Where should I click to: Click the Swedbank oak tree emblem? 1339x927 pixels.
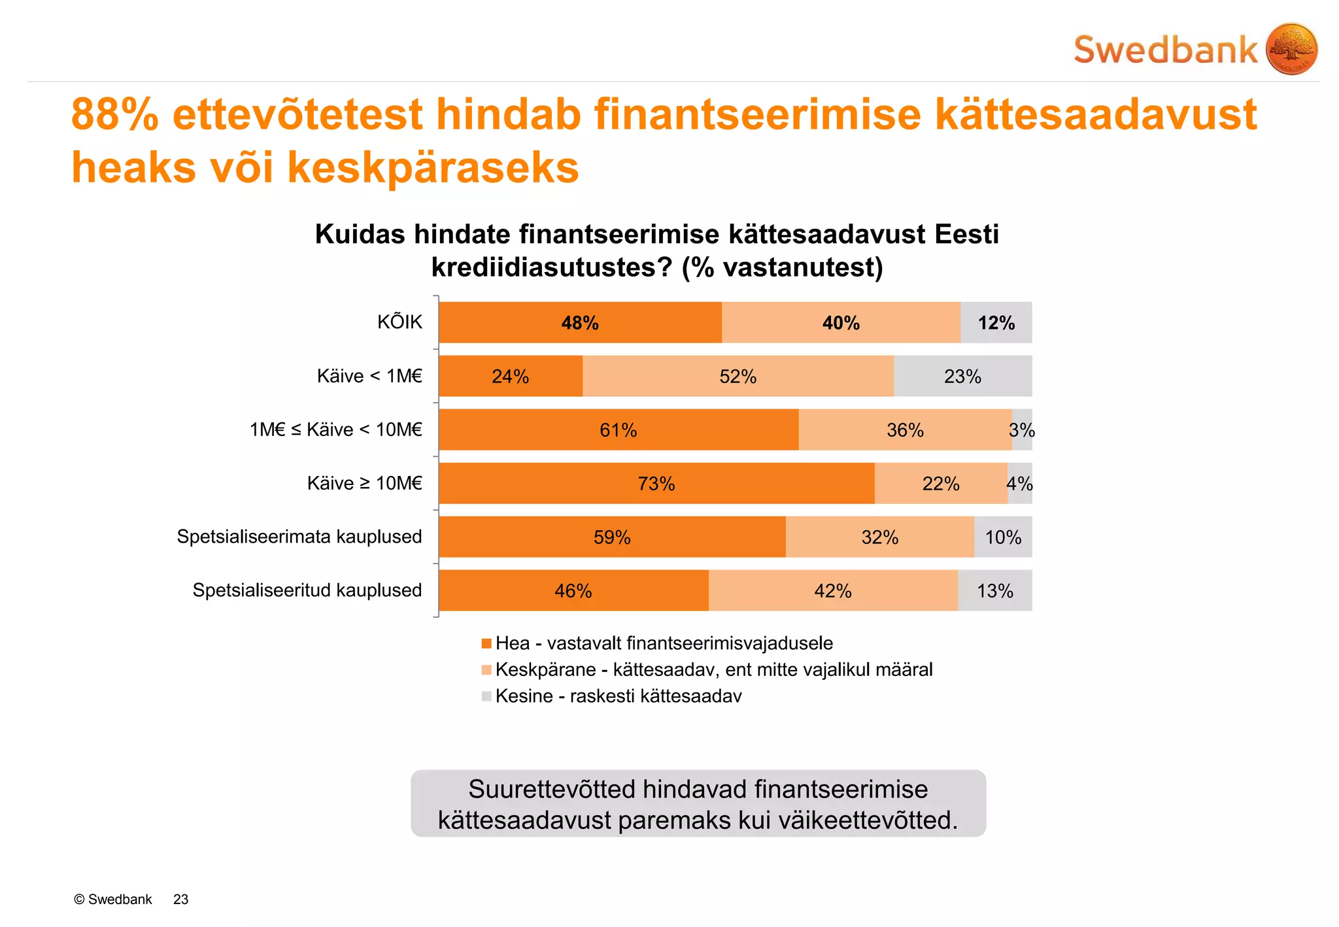point(1291,49)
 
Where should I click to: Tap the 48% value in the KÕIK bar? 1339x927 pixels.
point(580,323)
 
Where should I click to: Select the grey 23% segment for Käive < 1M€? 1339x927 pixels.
point(962,377)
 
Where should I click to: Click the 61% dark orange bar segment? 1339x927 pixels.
point(618,430)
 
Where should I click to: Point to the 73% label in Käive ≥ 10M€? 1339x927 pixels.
point(656,484)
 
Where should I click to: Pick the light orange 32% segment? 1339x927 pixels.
point(879,537)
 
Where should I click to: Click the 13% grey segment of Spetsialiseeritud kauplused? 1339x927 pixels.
point(994,591)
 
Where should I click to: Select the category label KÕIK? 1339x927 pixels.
point(399,322)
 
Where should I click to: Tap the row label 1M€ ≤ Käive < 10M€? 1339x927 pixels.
point(336,430)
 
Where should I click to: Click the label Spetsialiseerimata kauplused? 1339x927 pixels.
point(299,537)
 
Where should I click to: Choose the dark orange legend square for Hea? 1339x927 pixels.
point(486,644)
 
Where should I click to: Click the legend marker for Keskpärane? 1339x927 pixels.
point(486,670)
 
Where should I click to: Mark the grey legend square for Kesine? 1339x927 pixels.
point(486,696)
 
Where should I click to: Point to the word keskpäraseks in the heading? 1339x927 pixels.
point(433,168)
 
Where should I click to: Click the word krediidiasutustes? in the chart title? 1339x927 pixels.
point(551,267)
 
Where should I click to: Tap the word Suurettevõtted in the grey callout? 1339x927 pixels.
point(552,790)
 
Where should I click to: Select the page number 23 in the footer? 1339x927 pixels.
point(181,900)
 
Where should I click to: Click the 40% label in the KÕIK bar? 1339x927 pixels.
point(841,323)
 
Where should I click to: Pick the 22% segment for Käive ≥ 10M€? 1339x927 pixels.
point(940,484)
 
